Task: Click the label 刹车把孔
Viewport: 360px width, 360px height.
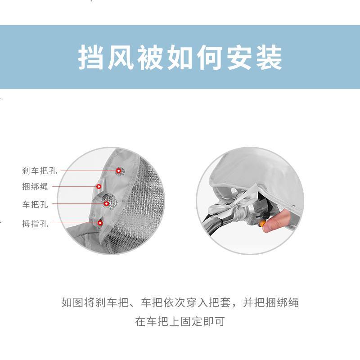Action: pyautogui.click(x=40, y=171)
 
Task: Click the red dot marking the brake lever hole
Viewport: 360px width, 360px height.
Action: pyautogui.click(x=119, y=171)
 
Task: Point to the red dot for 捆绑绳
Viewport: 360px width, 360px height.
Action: pyautogui.click(x=98, y=186)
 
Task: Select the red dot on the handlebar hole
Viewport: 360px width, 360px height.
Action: pyautogui.click(x=107, y=204)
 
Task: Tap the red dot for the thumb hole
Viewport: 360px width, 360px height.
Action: pyautogui.click(x=100, y=222)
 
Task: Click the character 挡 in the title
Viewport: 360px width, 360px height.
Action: pyautogui.click(x=91, y=58)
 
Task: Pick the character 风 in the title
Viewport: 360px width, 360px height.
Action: pyautogui.click(x=121, y=58)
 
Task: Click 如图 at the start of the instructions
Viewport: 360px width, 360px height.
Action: pyautogui.click(x=72, y=302)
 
